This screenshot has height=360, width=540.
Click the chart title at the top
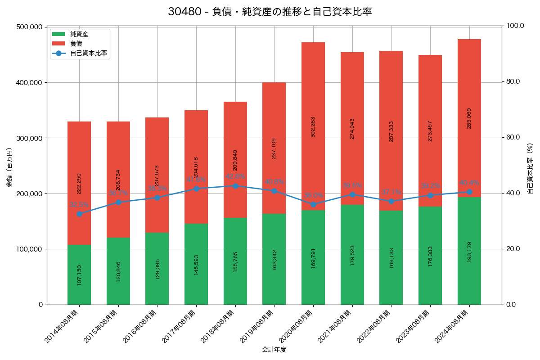[270, 12]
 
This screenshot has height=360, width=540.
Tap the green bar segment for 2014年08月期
[79, 274]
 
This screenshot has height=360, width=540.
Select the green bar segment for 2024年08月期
[469, 251]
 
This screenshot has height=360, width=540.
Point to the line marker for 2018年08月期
[235, 186]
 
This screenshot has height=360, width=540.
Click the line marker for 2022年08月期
[391, 201]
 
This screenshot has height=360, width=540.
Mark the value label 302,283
[313, 126]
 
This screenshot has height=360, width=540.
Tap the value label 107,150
[79, 275]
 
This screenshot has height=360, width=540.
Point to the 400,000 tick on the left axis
[29, 83]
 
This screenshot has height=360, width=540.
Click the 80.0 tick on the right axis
[512, 81]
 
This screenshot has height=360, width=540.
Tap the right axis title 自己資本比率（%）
[530, 168]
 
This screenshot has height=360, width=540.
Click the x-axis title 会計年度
[274, 350]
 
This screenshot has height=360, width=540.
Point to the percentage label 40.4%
[469, 183]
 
